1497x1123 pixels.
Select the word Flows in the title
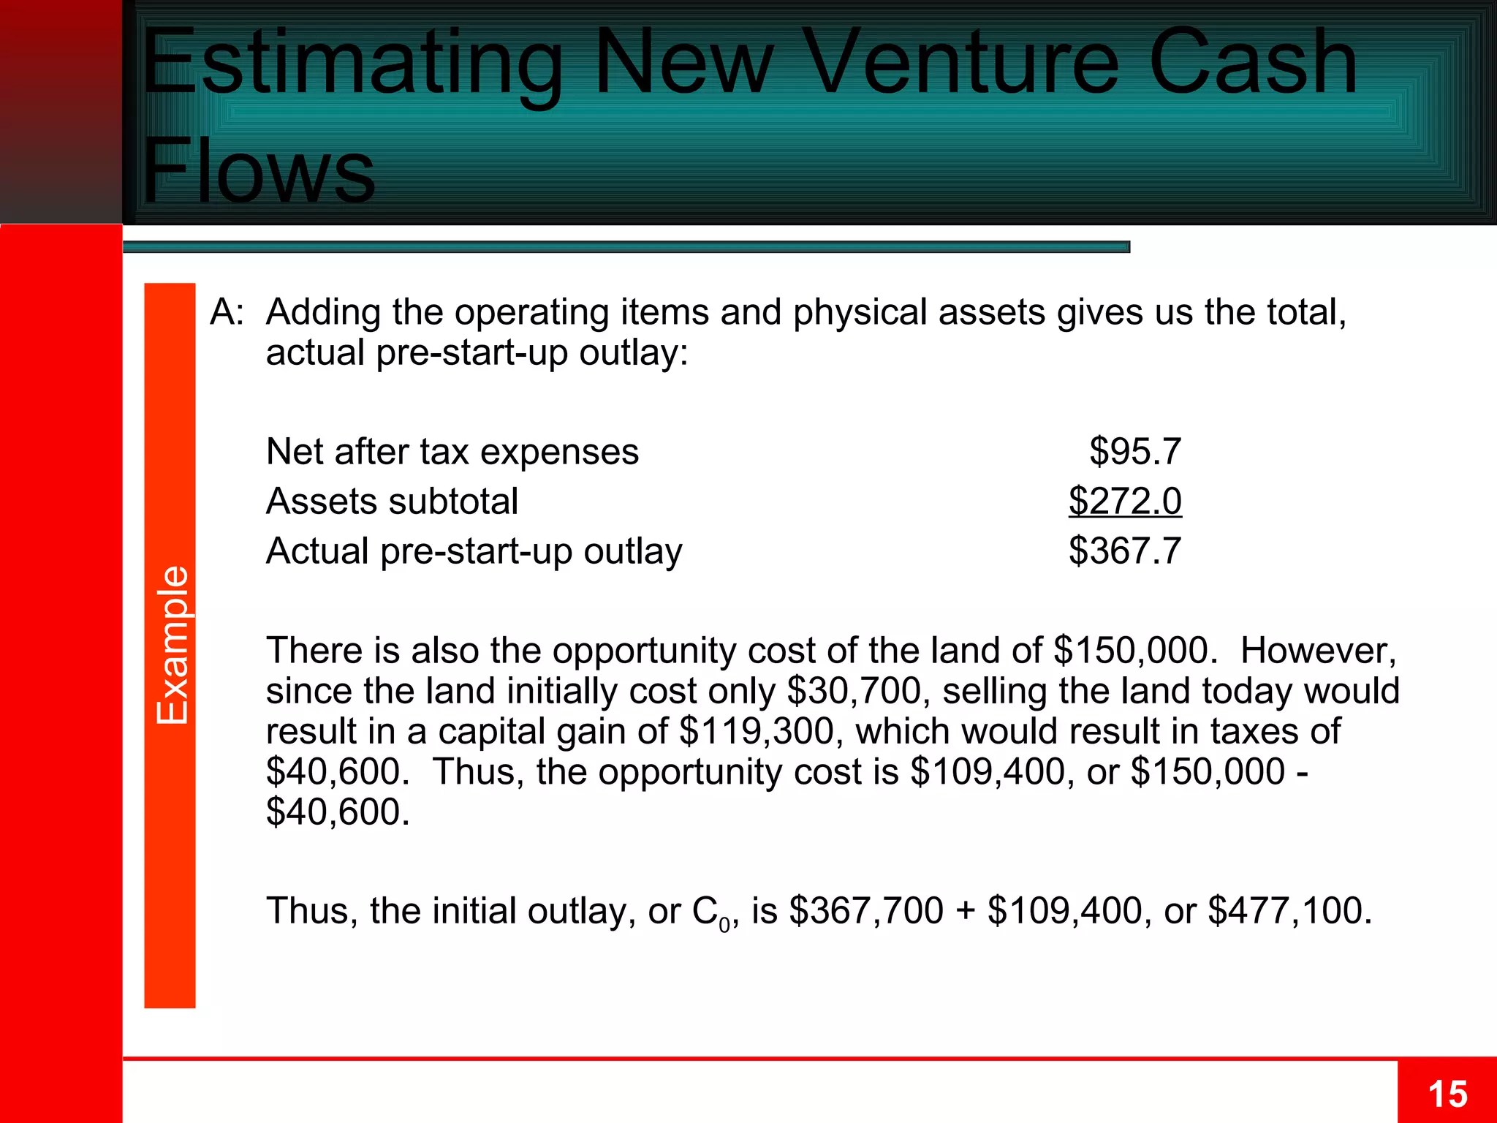coord(259,172)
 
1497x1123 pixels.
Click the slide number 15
coord(1447,1094)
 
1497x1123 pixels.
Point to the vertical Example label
coord(173,645)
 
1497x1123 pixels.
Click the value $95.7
coord(1134,451)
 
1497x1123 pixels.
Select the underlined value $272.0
coord(1124,502)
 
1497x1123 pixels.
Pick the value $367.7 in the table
coord(1124,551)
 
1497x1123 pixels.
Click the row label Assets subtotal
coord(392,502)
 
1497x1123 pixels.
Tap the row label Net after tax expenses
coord(452,452)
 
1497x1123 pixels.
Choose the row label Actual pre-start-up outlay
coord(474,551)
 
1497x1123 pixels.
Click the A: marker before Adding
coord(227,312)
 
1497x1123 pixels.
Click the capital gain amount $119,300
coord(756,731)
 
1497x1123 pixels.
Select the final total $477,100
coord(1289,911)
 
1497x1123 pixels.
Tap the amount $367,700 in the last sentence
coord(865,911)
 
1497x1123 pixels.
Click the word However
coord(1318,651)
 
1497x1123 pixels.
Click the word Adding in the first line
coord(323,312)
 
